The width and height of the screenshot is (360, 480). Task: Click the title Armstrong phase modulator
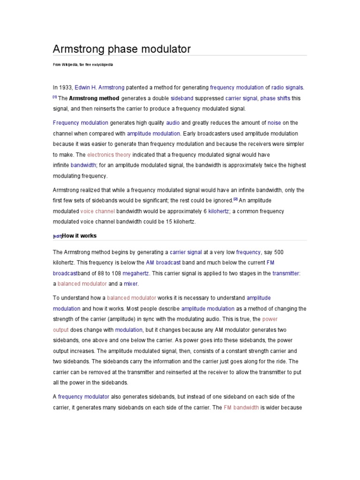122,49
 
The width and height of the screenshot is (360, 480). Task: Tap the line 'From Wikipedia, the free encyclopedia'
83,64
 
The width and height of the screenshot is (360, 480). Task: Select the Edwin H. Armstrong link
100,87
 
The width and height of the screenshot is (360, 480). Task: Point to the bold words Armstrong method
95,98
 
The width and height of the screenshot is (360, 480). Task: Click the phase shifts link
275,98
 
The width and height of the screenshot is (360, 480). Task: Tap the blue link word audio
173,123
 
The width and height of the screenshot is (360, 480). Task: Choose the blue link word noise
274,123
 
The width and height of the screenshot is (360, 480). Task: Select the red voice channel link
97,211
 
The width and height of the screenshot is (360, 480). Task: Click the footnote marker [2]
236,199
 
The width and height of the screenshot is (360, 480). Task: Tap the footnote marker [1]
54,97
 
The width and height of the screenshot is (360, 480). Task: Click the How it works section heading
79,236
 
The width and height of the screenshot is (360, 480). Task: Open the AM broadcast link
163,262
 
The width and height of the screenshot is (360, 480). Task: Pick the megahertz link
136,273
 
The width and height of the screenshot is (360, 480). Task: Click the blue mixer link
131,284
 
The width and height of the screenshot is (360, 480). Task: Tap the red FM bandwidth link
241,407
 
